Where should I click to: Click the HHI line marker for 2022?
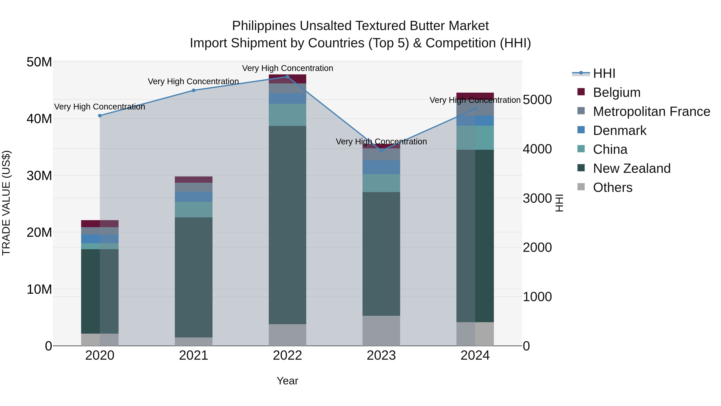[x=287, y=77]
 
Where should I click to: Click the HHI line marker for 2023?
[x=381, y=150]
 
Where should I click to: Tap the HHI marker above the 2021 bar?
[x=193, y=90]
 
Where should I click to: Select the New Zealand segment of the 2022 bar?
[x=287, y=225]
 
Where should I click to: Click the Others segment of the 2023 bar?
[x=381, y=331]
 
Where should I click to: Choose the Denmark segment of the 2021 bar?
[x=193, y=197]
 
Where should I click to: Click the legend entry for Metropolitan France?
[x=651, y=111]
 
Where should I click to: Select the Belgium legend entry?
[x=617, y=92]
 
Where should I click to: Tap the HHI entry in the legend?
[x=604, y=73]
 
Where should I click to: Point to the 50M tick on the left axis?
[x=39, y=62]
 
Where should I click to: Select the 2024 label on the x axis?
[x=475, y=355]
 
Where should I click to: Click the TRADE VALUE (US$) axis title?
[x=6, y=203]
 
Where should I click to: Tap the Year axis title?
[x=287, y=381]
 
